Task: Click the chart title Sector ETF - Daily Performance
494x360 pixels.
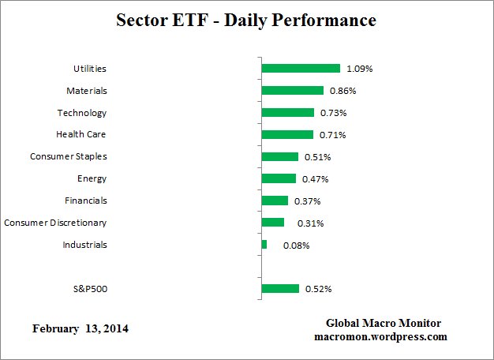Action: [x=246, y=20]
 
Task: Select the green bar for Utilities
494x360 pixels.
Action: [x=301, y=69]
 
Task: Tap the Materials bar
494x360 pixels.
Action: [x=292, y=91]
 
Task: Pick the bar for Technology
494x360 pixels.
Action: [x=287, y=113]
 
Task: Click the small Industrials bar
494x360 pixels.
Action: [x=264, y=245]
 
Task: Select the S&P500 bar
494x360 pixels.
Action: [x=280, y=289]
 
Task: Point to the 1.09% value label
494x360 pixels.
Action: [x=359, y=69]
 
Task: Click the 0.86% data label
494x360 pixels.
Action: [x=342, y=91]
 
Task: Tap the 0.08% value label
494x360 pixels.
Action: [x=297, y=245]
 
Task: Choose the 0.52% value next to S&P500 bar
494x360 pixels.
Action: [x=318, y=289]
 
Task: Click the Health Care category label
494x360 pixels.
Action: [x=80, y=135]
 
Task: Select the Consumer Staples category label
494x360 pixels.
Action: [x=68, y=156]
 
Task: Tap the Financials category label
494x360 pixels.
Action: [x=85, y=201]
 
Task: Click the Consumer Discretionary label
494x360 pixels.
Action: [x=55, y=223]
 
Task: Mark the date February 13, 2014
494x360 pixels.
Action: [x=80, y=328]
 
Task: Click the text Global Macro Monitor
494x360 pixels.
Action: [x=384, y=324]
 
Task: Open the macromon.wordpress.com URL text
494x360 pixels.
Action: [x=380, y=336]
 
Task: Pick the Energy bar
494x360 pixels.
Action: [x=279, y=178]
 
